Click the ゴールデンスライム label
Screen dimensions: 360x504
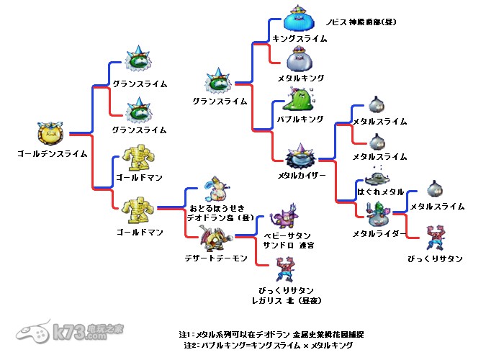(54, 153)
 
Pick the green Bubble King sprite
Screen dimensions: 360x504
(302, 99)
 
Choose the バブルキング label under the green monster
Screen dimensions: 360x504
(300, 119)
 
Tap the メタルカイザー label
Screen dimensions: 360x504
(302, 175)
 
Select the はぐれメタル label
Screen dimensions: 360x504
(381, 192)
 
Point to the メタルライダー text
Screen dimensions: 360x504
(377, 233)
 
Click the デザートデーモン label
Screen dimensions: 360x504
(216, 257)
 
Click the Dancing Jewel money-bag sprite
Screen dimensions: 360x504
(215, 189)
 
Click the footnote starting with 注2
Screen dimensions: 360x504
(266, 346)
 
